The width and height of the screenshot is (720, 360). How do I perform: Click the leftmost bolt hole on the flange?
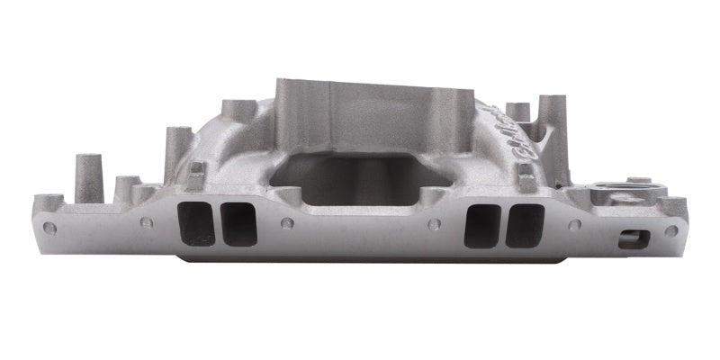click(50, 229)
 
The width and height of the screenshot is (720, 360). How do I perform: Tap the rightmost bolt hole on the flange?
click(671, 229)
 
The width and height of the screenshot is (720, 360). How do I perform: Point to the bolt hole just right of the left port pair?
click(287, 223)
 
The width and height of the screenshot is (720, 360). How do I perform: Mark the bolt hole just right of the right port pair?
click(574, 225)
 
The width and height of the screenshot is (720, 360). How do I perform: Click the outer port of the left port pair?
click(197, 223)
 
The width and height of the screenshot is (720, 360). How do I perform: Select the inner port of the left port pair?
click(238, 223)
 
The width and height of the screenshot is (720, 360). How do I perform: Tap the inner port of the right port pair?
click(482, 225)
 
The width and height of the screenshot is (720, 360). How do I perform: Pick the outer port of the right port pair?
click(525, 225)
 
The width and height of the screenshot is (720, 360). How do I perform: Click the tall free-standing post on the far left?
click(86, 175)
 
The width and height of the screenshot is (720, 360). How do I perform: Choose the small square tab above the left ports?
click(195, 176)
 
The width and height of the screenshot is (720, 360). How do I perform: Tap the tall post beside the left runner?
click(176, 148)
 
